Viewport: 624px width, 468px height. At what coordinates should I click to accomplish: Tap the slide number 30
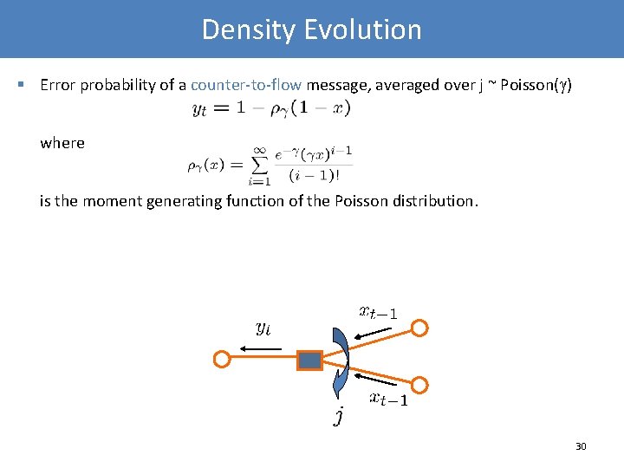tap(581, 446)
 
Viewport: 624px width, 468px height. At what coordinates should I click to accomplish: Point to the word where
tap(62, 143)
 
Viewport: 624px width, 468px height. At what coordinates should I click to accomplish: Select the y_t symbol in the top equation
tap(198, 110)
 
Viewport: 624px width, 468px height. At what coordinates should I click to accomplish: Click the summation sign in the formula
tap(258, 163)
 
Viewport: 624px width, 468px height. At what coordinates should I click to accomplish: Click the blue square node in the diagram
tap(309, 359)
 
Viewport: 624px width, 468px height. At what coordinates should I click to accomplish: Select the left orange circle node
tap(222, 359)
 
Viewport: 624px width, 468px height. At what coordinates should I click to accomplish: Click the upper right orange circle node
tap(419, 328)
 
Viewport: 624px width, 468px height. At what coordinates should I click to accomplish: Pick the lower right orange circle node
tap(419, 385)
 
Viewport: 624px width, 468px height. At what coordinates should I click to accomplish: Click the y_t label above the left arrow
tap(263, 328)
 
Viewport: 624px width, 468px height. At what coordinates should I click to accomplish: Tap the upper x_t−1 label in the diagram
tap(379, 312)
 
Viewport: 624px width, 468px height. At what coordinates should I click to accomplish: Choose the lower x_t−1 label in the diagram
tap(388, 399)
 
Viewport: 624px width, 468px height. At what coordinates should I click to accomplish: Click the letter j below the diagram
tap(340, 417)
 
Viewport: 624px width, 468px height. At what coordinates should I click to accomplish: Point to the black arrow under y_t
tap(262, 348)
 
